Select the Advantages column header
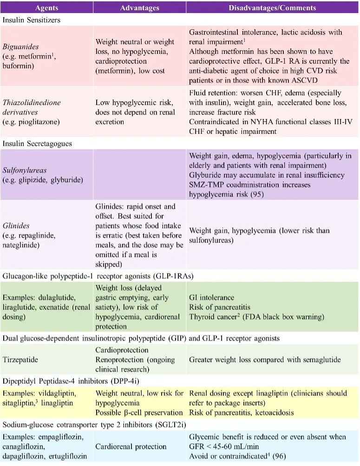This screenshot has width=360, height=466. [x=139, y=7]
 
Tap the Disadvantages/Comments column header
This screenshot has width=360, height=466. [x=272, y=7]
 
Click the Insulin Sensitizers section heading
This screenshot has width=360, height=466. [x=31, y=20]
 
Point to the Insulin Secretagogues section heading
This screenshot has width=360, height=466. [x=37, y=144]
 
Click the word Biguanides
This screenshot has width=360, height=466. [x=20, y=47]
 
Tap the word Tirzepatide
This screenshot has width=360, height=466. [x=20, y=360]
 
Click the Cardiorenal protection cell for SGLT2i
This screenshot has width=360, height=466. [x=131, y=446]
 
